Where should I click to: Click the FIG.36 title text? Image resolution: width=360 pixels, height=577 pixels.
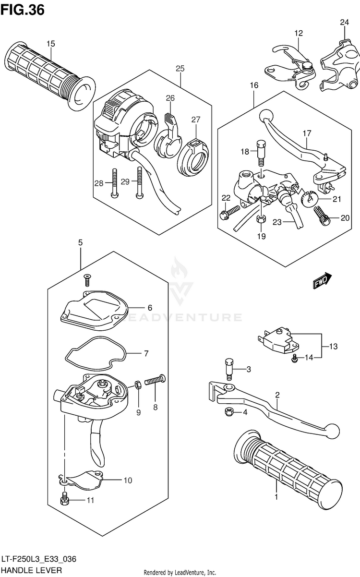point(23,10)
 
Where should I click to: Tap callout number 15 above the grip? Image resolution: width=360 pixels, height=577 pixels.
point(51,44)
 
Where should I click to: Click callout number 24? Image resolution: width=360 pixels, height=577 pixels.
point(345,22)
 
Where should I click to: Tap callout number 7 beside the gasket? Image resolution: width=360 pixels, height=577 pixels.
point(145,354)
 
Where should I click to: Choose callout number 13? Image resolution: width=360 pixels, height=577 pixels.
point(334,346)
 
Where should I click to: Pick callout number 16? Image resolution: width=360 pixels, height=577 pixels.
point(254,85)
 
